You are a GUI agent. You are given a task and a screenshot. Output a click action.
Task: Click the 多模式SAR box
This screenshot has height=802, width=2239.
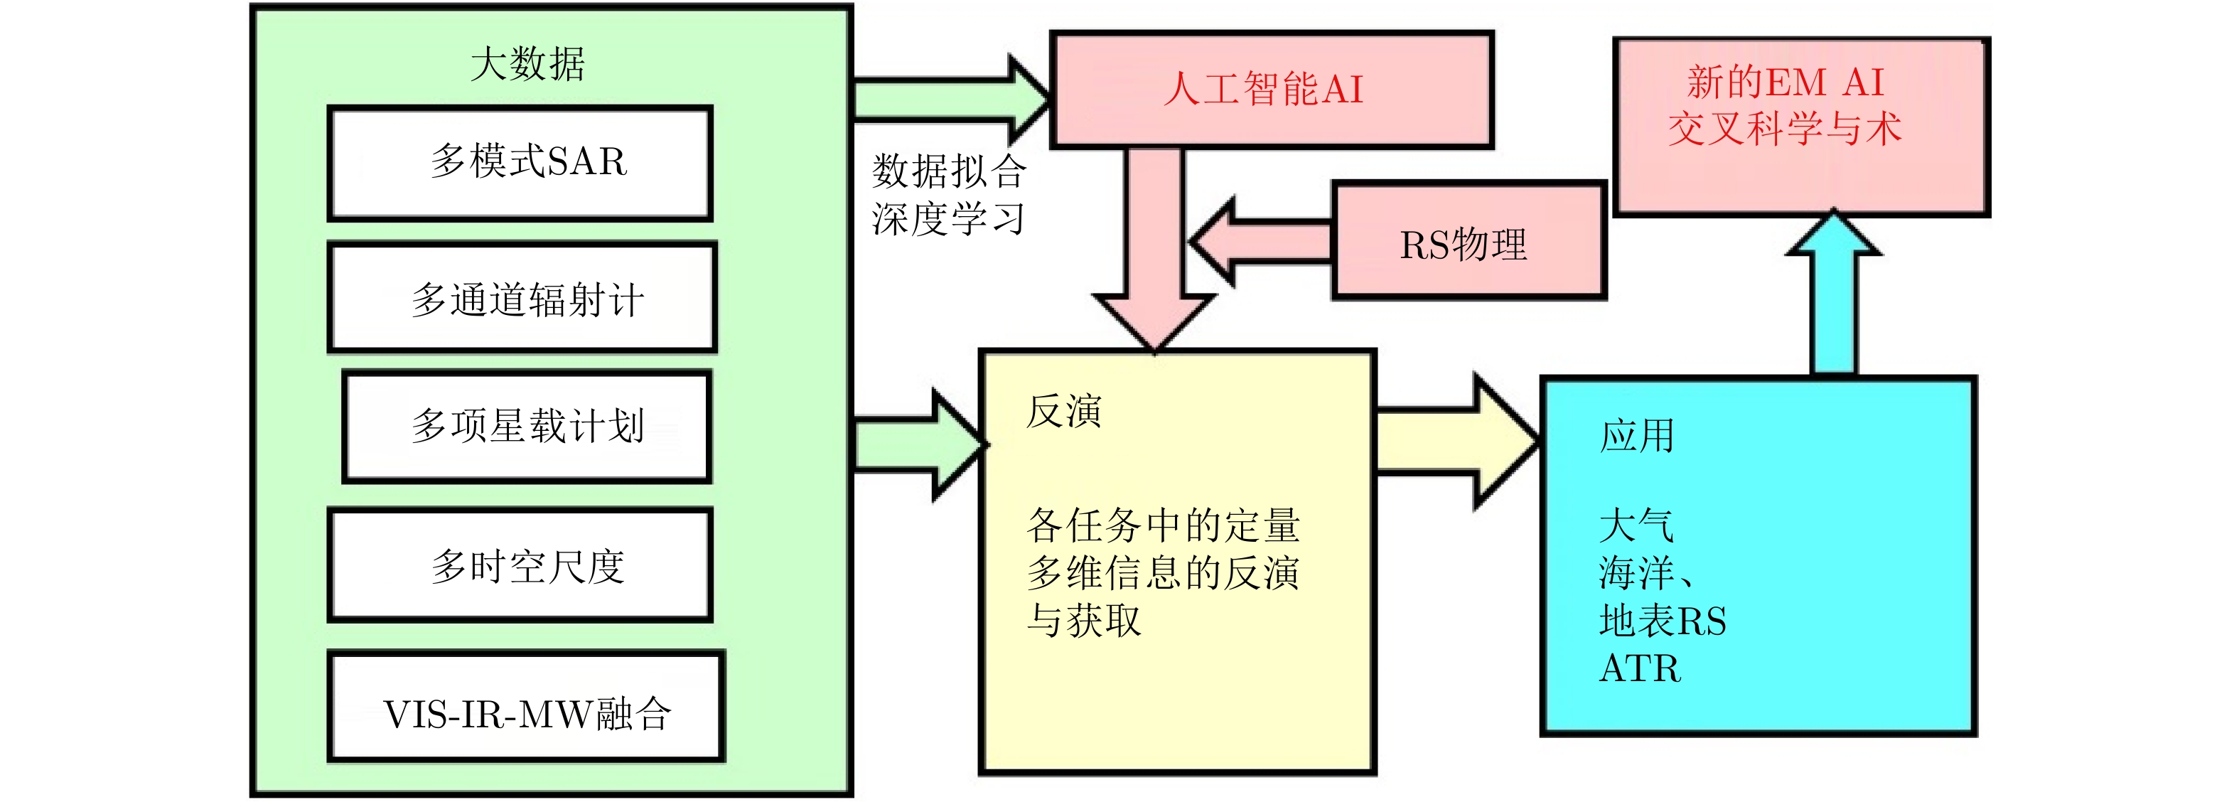click(x=520, y=163)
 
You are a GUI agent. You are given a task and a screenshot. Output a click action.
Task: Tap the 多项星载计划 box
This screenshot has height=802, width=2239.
click(x=527, y=426)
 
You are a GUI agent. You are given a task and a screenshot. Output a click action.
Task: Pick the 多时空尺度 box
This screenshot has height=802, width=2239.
click(x=520, y=565)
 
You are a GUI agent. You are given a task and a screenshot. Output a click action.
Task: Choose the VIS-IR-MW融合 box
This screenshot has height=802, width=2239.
click(x=526, y=706)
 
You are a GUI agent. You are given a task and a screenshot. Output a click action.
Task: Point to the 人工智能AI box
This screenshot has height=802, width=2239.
click(x=1271, y=90)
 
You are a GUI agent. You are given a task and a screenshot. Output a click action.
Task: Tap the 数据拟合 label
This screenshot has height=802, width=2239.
click(x=949, y=171)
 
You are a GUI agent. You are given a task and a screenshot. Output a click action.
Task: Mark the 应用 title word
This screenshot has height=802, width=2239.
click(x=1637, y=436)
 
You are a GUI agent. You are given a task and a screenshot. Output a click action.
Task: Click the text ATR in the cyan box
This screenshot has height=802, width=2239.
click(x=1639, y=669)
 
